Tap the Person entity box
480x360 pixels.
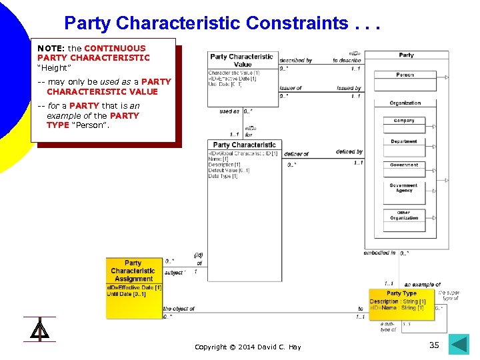[x=405, y=75]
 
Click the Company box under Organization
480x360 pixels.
[x=404, y=121]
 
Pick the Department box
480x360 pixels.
[x=404, y=142]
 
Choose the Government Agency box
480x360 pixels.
[x=404, y=188]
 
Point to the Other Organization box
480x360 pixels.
[x=404, y=216]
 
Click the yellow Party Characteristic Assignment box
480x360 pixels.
[x=133, y=287]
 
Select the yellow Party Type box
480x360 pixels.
[x=401, y=304]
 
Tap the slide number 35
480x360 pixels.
[x=434, y=345]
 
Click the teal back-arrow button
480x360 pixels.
[x=459, y=344]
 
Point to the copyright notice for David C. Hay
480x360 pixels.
[x=247, y=347]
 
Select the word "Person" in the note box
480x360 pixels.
[x=89, y=125]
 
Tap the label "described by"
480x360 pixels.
[x=295, y=61]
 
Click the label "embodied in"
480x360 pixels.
[x=379, y=253]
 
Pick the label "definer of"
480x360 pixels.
[x=296, y=155]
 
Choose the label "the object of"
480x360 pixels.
[x=179, y=309]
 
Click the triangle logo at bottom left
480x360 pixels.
[x=39, y=329]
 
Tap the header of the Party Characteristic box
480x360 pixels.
[x=244, y=145]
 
